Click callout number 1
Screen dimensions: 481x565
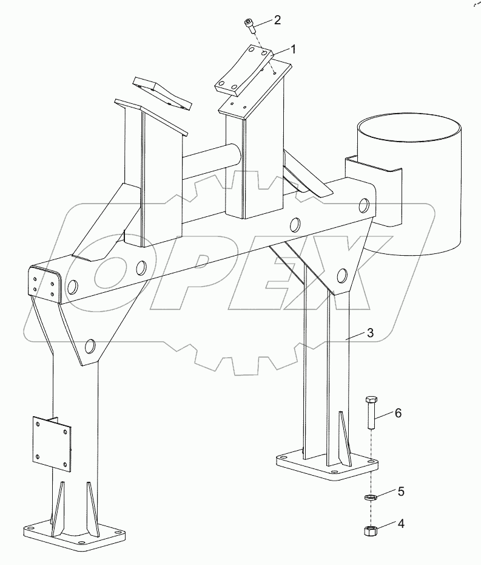coord(293,49)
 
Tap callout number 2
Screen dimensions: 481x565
coord(277,20)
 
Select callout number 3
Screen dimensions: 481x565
coord(370,332)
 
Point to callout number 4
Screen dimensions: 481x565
coord(401,524)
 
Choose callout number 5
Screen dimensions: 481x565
coord(401,491)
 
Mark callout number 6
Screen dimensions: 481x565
coord(398,413)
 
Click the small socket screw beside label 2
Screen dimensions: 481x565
coord(249,26)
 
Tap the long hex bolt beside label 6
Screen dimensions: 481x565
coord(371,413)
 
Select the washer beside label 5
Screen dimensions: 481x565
coord(369,498)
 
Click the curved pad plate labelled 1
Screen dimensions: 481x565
coord(244,70)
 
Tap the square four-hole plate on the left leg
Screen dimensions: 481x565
coord(52,444)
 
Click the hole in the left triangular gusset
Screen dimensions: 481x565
coord(90,346)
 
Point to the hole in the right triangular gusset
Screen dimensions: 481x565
coord(342,276)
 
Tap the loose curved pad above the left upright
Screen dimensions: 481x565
coord(162,94)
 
